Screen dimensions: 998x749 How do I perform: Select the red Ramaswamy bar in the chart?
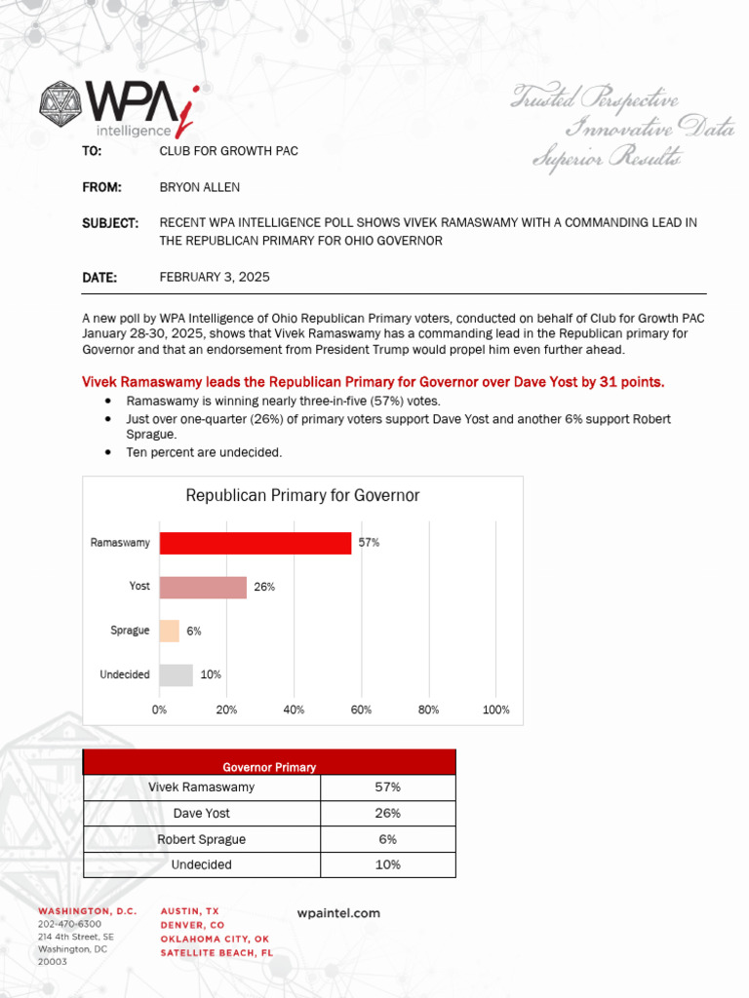255,543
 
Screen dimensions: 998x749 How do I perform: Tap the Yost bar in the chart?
203,587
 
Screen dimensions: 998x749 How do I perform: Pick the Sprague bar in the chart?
170,631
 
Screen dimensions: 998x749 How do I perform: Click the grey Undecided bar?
177,674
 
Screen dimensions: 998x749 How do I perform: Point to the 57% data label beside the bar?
369,543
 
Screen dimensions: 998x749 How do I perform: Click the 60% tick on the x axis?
361,710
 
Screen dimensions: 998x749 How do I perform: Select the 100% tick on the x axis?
496,710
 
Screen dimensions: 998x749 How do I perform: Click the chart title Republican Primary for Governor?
302,496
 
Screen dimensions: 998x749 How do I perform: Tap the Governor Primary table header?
269,767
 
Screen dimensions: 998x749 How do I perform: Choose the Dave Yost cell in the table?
202,813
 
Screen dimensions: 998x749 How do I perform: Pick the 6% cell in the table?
387,839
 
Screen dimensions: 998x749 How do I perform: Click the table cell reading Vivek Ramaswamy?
202,787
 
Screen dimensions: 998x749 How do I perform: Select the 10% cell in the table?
387,864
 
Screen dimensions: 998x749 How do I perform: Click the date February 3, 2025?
215,278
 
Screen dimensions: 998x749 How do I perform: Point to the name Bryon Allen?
199,187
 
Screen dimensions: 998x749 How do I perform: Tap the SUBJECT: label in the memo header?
109,223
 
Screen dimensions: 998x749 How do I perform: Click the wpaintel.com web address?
338,913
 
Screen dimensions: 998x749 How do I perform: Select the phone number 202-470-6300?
69,924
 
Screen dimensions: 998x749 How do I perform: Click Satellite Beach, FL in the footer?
217,952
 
